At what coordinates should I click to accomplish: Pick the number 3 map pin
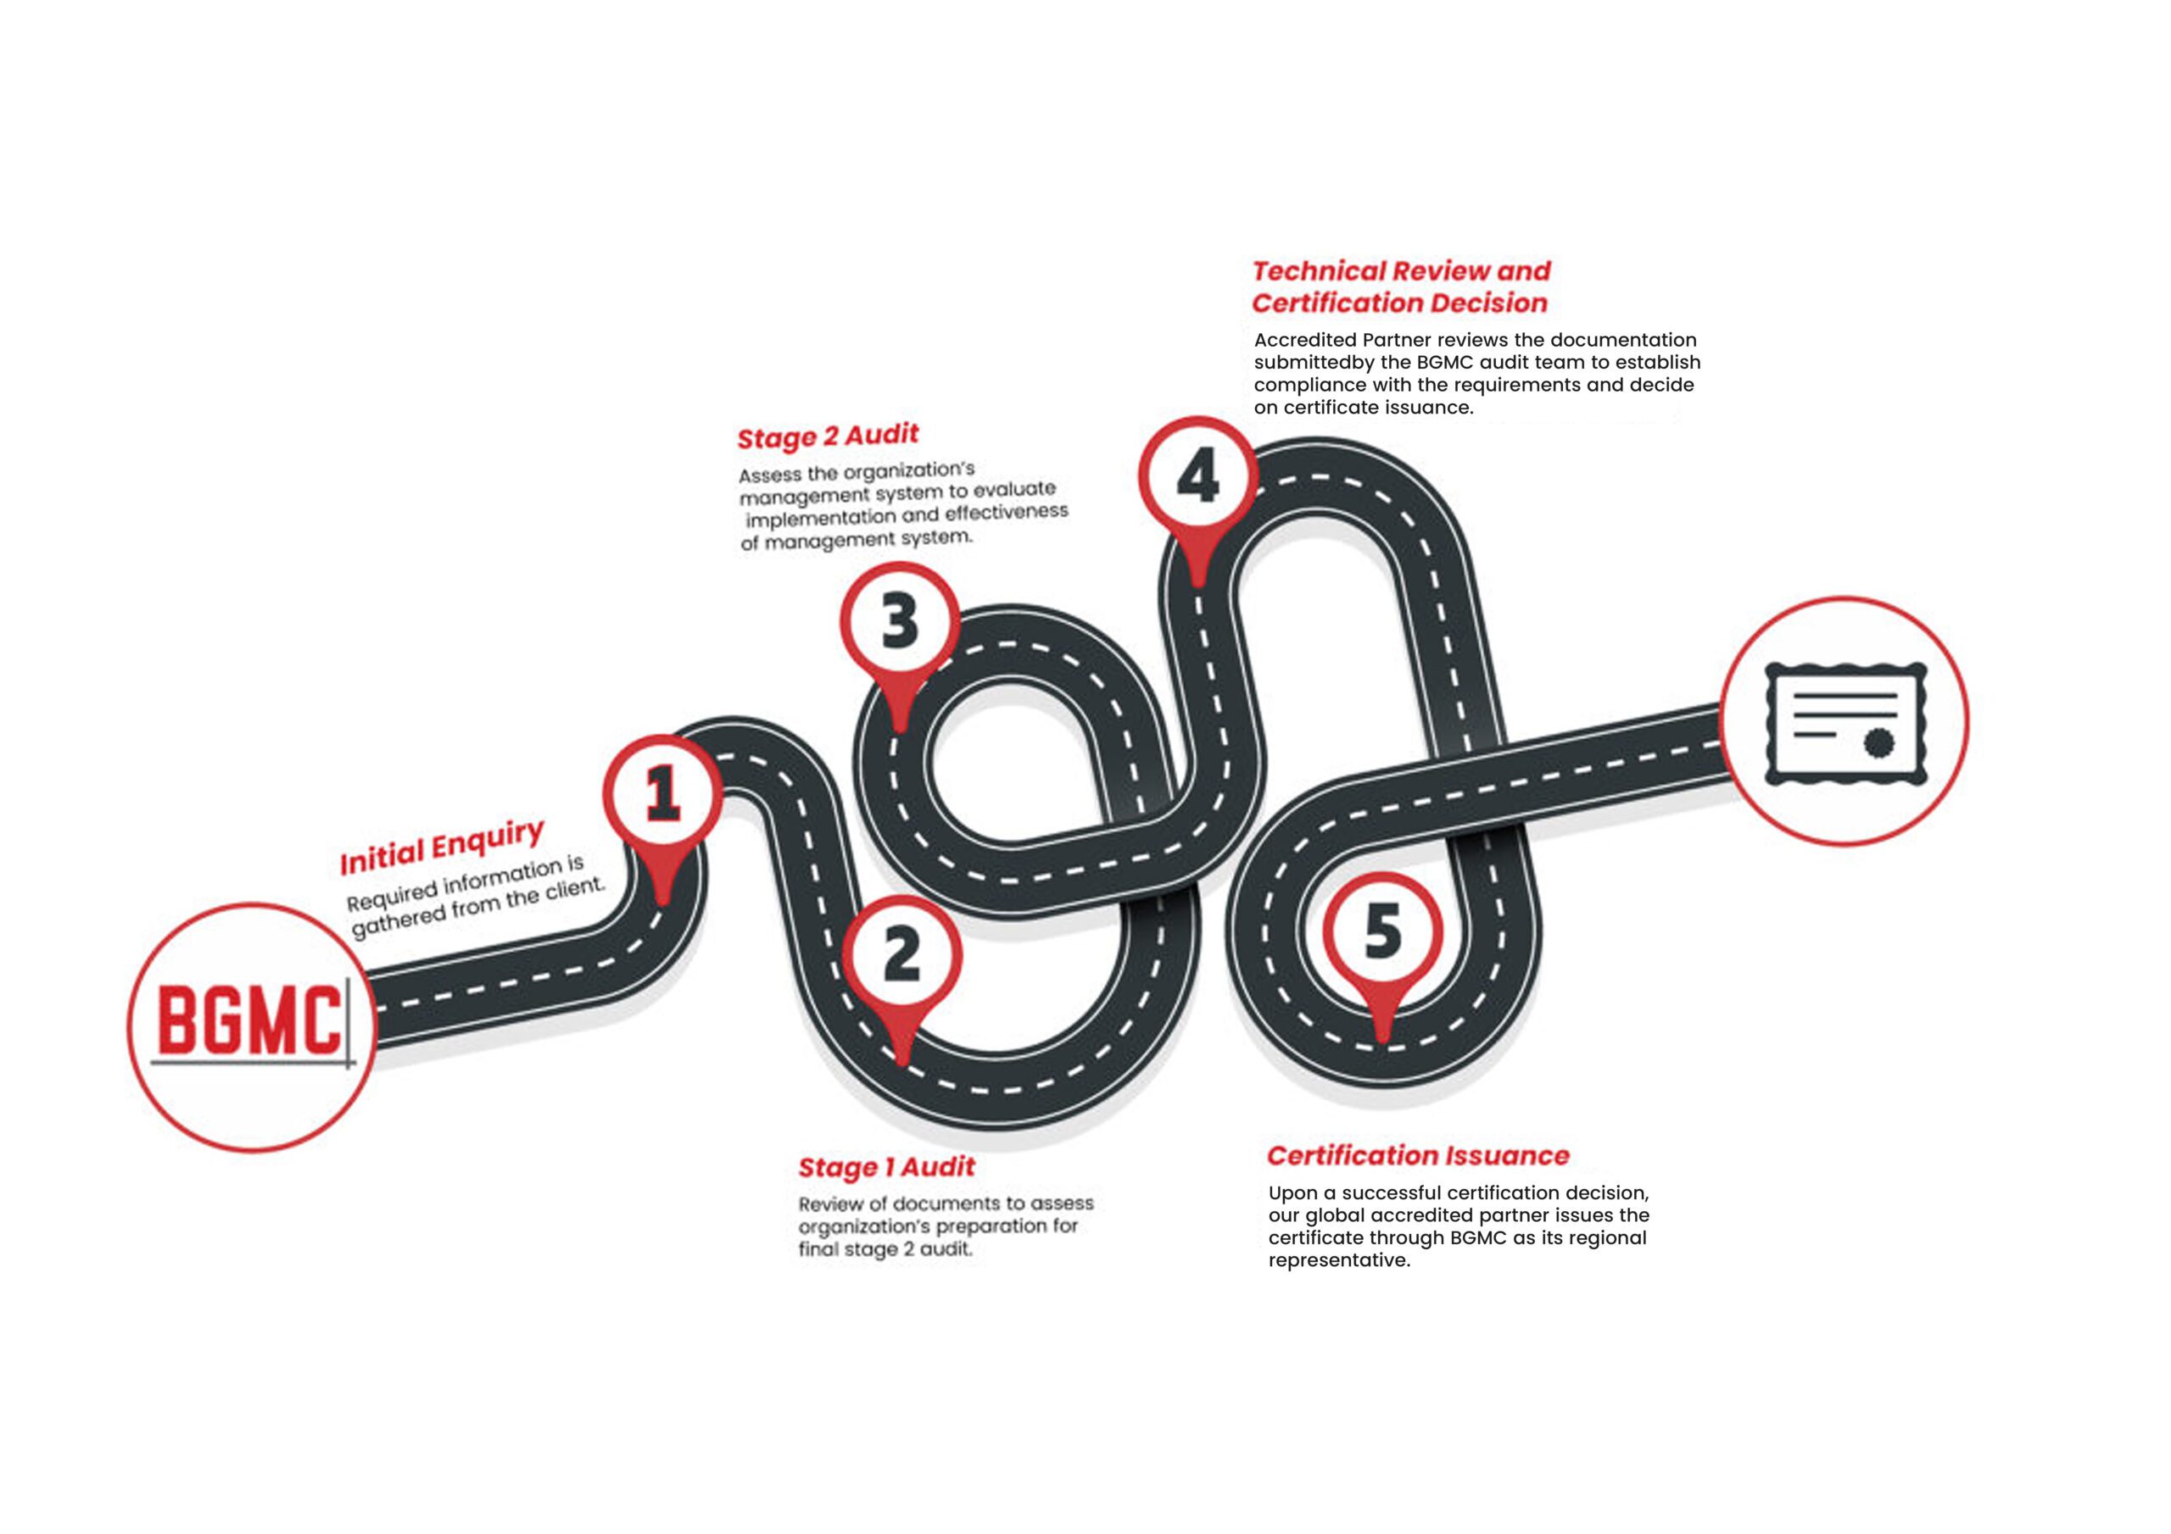coord(899,622)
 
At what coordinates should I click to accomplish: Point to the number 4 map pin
coord(1198,477)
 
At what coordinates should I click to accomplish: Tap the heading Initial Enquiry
coord(442,848)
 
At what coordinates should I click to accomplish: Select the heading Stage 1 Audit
coord(886,1167)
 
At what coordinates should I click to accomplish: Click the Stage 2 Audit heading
coord(828,436)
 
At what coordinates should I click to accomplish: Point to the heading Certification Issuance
coord(1417,1156)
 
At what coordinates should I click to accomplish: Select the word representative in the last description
coord(1338,1261)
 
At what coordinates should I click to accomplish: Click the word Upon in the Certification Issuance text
coord(1292,1194)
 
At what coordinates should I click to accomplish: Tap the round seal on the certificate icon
coord(1878,744)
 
